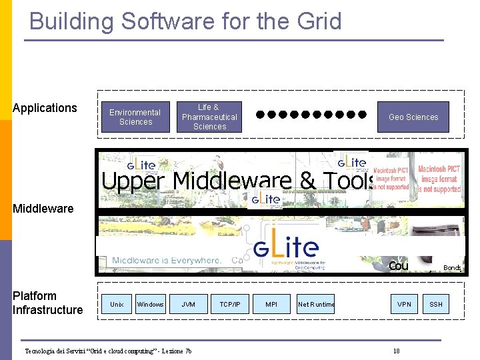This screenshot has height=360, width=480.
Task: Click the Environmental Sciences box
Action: coord(135,117)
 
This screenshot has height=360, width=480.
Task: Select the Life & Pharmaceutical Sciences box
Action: coord(209,117)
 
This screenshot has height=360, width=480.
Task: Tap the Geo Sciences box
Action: coord(413,117)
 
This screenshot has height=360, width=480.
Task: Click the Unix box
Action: coord(117,305)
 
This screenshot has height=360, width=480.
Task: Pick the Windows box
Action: coord(150,305)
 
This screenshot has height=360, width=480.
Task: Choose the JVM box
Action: coord(189,305)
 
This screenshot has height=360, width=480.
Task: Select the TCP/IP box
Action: coord(230,305)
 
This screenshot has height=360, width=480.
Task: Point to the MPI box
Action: coord(271,305)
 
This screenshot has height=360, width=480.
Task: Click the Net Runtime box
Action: coord(316,305)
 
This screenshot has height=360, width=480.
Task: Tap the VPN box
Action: coord(404,305)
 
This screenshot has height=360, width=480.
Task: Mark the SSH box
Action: coord(436,305)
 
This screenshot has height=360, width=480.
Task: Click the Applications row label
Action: coord(45,108)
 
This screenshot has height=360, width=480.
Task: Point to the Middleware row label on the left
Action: coord(43,209)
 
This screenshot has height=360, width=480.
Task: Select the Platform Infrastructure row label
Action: coord(47,303)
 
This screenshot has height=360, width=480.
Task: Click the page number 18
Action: coord(396,351)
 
